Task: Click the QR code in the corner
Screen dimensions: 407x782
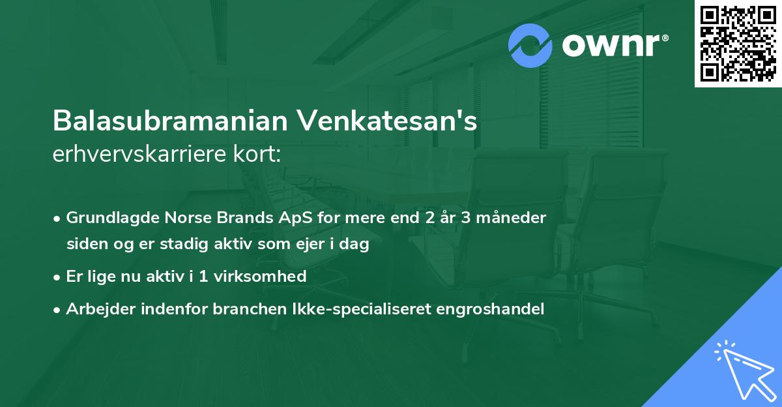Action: click(738, 44)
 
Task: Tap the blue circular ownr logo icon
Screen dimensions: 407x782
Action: click(530, 46)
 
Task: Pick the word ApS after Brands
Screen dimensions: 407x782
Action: click(280, 218)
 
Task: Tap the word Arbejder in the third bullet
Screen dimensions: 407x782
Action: click(96, 309)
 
